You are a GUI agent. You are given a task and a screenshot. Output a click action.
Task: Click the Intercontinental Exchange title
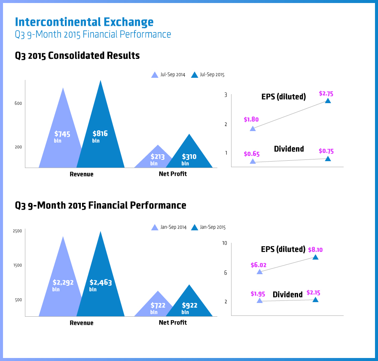(x=84, y=22)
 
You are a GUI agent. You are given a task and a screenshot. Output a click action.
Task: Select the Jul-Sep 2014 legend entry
(x=168, y=75)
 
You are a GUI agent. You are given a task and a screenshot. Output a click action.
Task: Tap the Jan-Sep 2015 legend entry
(x=208, y=227)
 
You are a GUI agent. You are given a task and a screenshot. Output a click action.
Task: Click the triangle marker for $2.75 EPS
(x=328, y=101)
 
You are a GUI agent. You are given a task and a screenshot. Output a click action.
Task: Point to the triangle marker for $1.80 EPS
(x=253, y=128)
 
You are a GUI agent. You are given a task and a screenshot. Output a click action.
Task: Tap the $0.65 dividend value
(x=251, y=153)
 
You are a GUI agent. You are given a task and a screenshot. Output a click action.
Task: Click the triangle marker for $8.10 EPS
(x=315, y=257)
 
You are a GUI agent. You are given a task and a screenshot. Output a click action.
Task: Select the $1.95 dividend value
(x=258, y=294)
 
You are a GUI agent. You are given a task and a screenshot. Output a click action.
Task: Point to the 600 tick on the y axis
(x=18, y=103)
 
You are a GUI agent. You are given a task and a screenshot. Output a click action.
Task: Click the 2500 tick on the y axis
(x=17, y=231)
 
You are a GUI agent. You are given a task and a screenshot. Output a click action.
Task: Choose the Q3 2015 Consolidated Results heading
(x=77, y=55)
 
